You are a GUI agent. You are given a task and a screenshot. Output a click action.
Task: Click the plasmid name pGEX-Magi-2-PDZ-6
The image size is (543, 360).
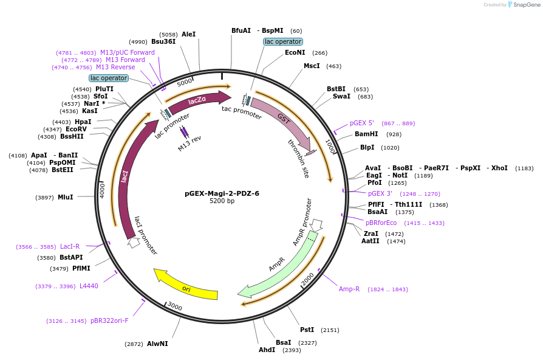point(222,193)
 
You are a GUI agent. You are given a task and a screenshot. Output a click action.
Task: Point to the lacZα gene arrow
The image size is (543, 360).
point(198,101)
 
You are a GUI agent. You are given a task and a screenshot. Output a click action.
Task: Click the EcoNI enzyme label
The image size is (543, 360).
point(295,52)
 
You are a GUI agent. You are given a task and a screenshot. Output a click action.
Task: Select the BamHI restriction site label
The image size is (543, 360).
point(366,134)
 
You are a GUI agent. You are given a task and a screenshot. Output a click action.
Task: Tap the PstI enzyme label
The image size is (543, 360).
point(307,330)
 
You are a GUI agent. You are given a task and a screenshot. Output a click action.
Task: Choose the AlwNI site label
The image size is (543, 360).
point(157,344)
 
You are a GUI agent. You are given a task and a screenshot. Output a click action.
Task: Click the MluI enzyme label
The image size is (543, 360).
point(65,197)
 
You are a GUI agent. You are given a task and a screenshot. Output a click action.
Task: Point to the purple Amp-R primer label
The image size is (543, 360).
point(349,289)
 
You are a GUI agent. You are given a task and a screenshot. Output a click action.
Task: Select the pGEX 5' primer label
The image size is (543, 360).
point(362,123)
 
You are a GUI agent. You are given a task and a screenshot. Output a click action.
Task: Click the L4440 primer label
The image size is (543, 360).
point(89,286)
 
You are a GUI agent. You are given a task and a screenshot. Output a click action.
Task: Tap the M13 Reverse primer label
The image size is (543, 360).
point(115,67)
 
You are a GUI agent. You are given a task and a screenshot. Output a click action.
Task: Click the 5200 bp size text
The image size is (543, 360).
point(222,201)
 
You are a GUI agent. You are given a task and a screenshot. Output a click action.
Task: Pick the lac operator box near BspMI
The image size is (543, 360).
point(283,41)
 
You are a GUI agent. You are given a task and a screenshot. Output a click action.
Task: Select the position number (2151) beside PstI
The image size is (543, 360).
point(330,330)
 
